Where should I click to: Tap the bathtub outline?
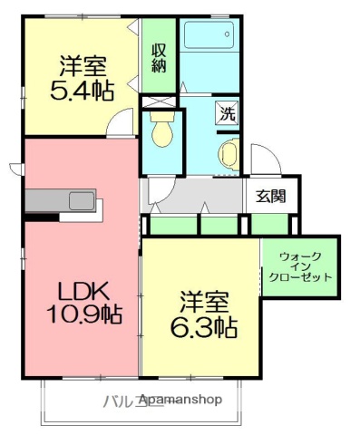[209, 37]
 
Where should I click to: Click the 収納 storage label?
[159, 56]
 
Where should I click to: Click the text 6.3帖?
[204, 326]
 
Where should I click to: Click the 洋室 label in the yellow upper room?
[83, 65]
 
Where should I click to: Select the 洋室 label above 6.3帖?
[203, 300]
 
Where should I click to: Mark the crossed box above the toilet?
[162, 101]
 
